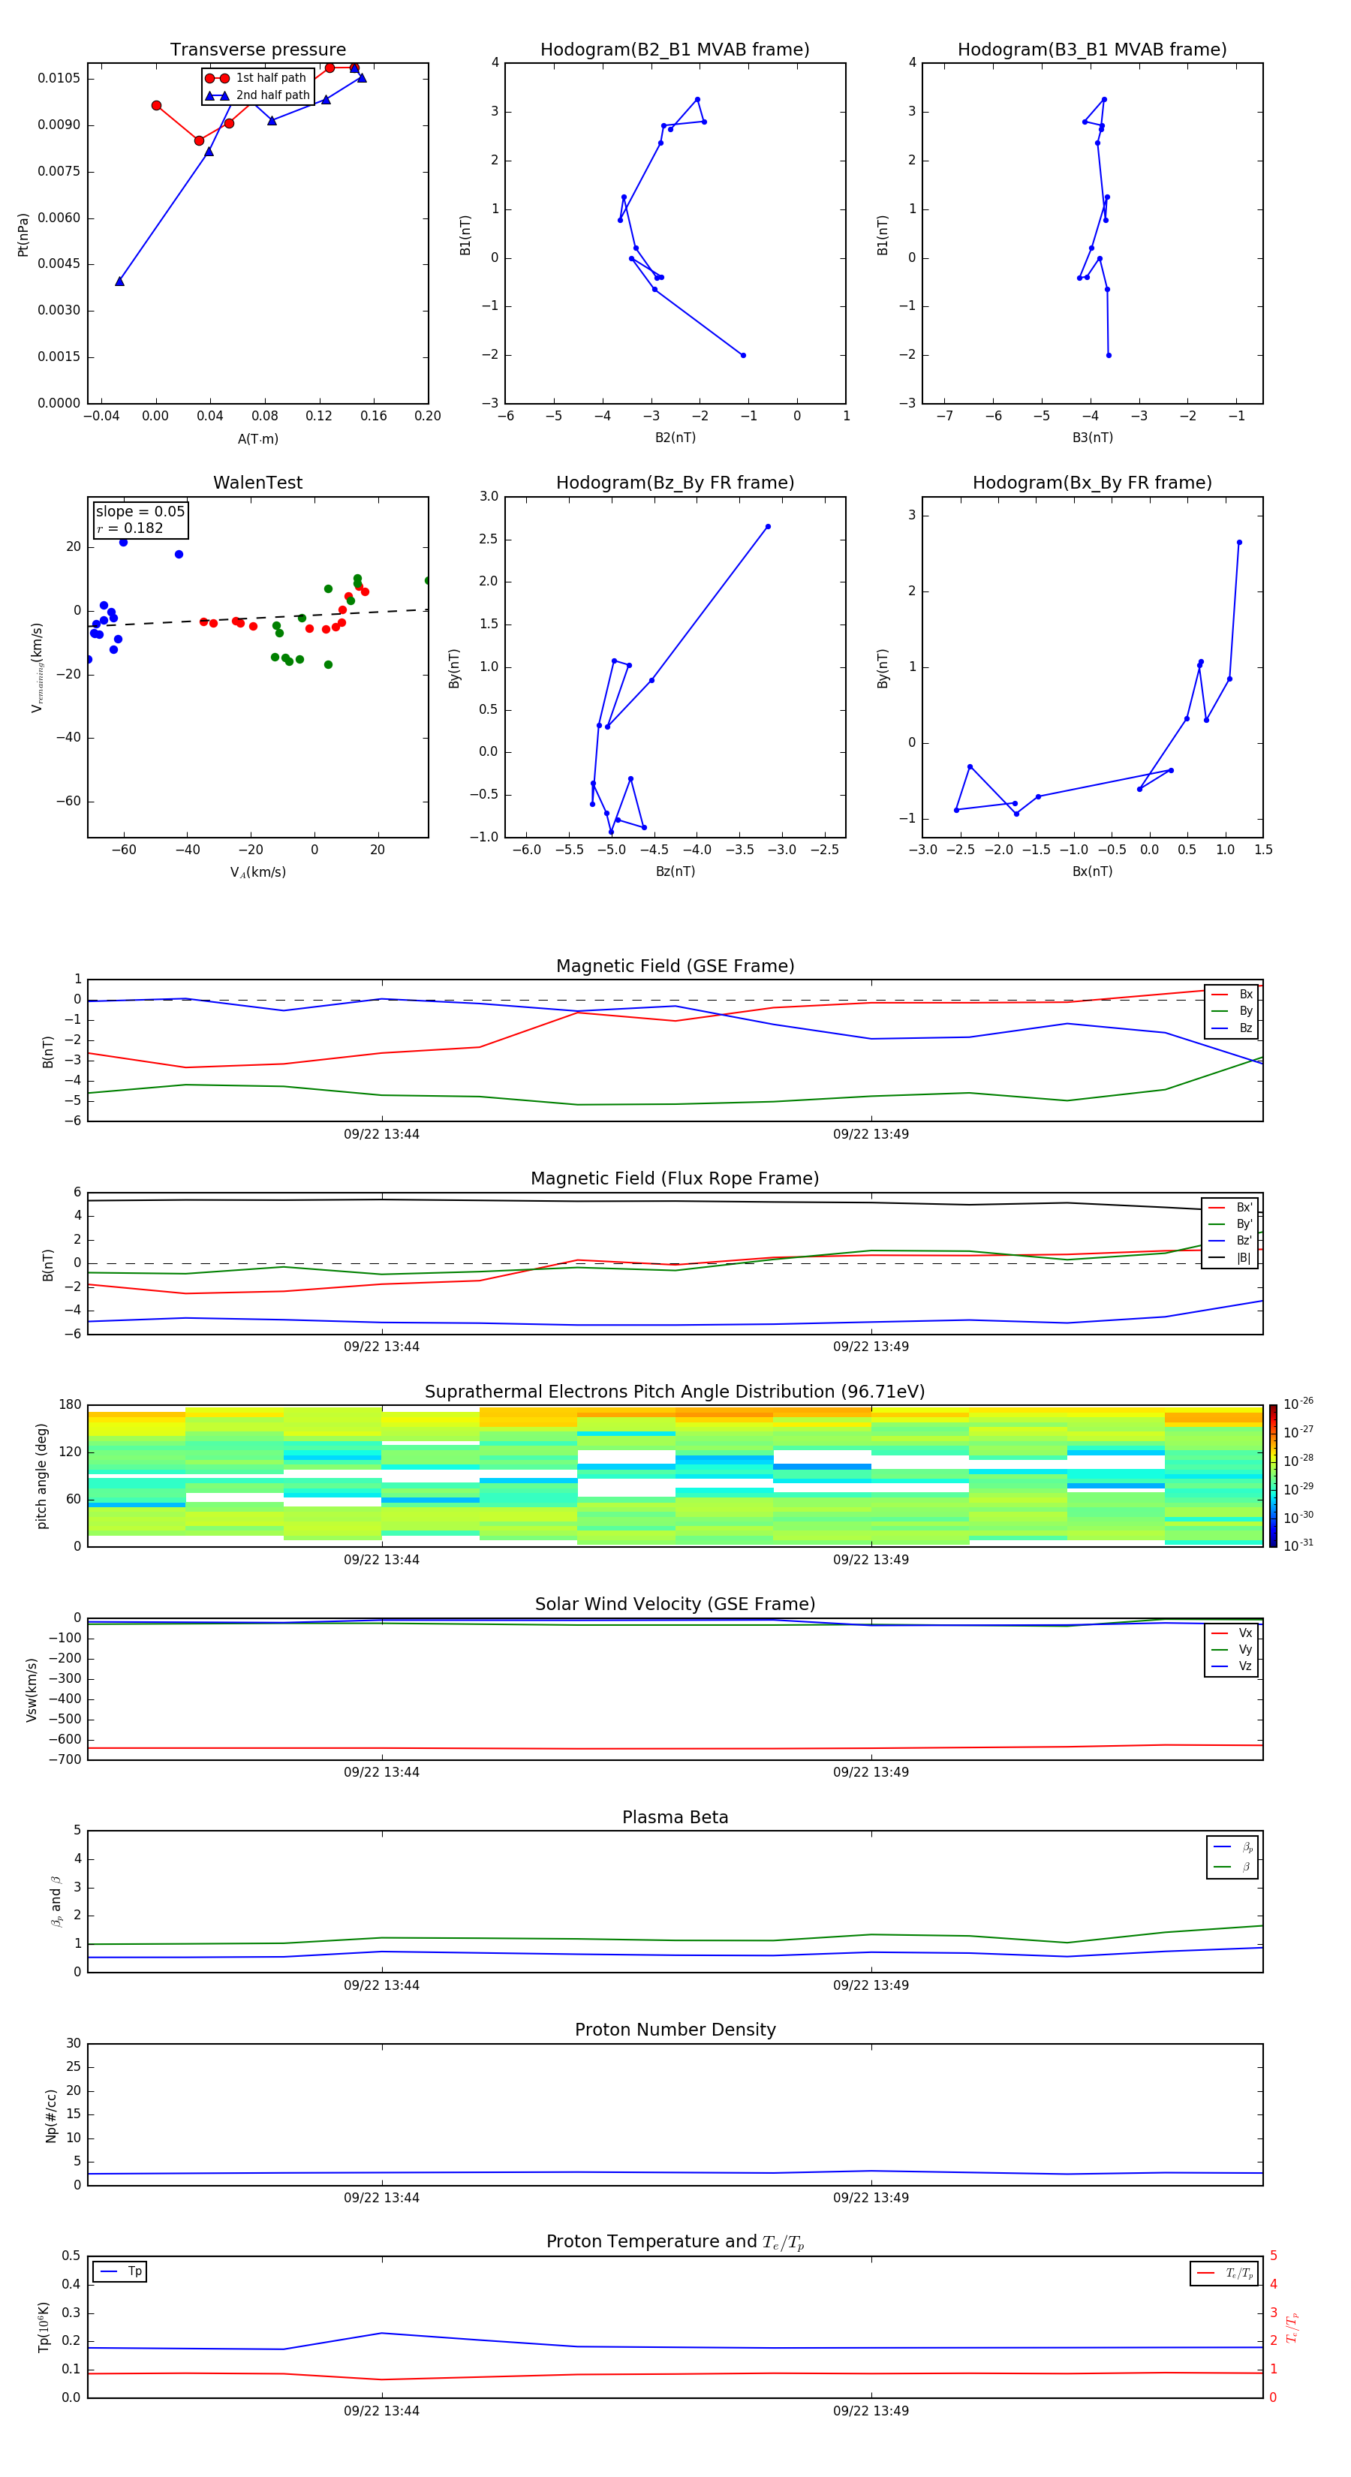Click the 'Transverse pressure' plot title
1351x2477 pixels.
257,50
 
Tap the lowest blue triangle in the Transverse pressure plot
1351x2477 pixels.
119,281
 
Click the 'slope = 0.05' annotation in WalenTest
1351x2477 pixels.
140,512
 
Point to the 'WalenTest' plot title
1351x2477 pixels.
257,483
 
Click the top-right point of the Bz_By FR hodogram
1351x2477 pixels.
767,527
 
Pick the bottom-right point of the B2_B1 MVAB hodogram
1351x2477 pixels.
743,356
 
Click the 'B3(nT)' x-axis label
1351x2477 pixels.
1092,438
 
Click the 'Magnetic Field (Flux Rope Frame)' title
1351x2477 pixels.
674,1179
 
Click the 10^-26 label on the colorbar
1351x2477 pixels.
1298,1404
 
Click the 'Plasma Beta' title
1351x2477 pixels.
674,1817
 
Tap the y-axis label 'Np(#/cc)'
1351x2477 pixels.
51,2115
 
